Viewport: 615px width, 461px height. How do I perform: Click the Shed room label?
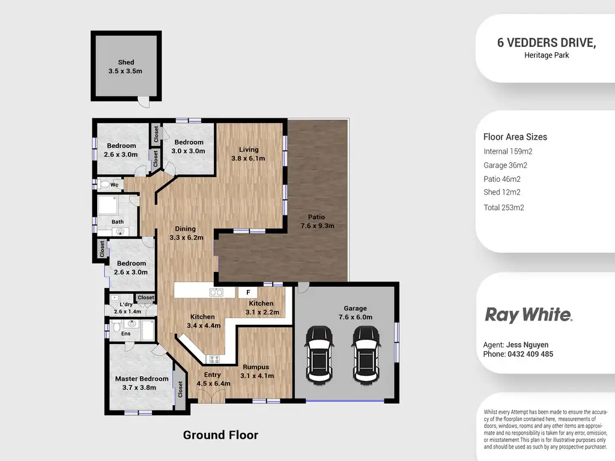126,67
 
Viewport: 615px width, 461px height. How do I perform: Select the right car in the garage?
365,354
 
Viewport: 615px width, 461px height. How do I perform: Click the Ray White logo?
528,315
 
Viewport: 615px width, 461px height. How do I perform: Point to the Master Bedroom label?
142,383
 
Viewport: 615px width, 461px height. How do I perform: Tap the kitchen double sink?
216,292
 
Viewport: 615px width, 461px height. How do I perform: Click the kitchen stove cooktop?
213,359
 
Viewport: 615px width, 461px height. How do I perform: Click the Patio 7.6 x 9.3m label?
317,221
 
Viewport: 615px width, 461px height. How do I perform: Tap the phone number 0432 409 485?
518,354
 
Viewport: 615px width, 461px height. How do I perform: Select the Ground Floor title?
220,435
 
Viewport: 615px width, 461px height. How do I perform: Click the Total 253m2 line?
503,208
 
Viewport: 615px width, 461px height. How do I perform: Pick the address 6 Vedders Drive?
546,43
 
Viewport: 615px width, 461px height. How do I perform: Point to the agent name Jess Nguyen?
515,345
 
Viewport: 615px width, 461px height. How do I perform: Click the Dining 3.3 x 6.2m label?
186,233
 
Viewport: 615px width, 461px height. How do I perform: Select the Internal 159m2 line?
507,151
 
